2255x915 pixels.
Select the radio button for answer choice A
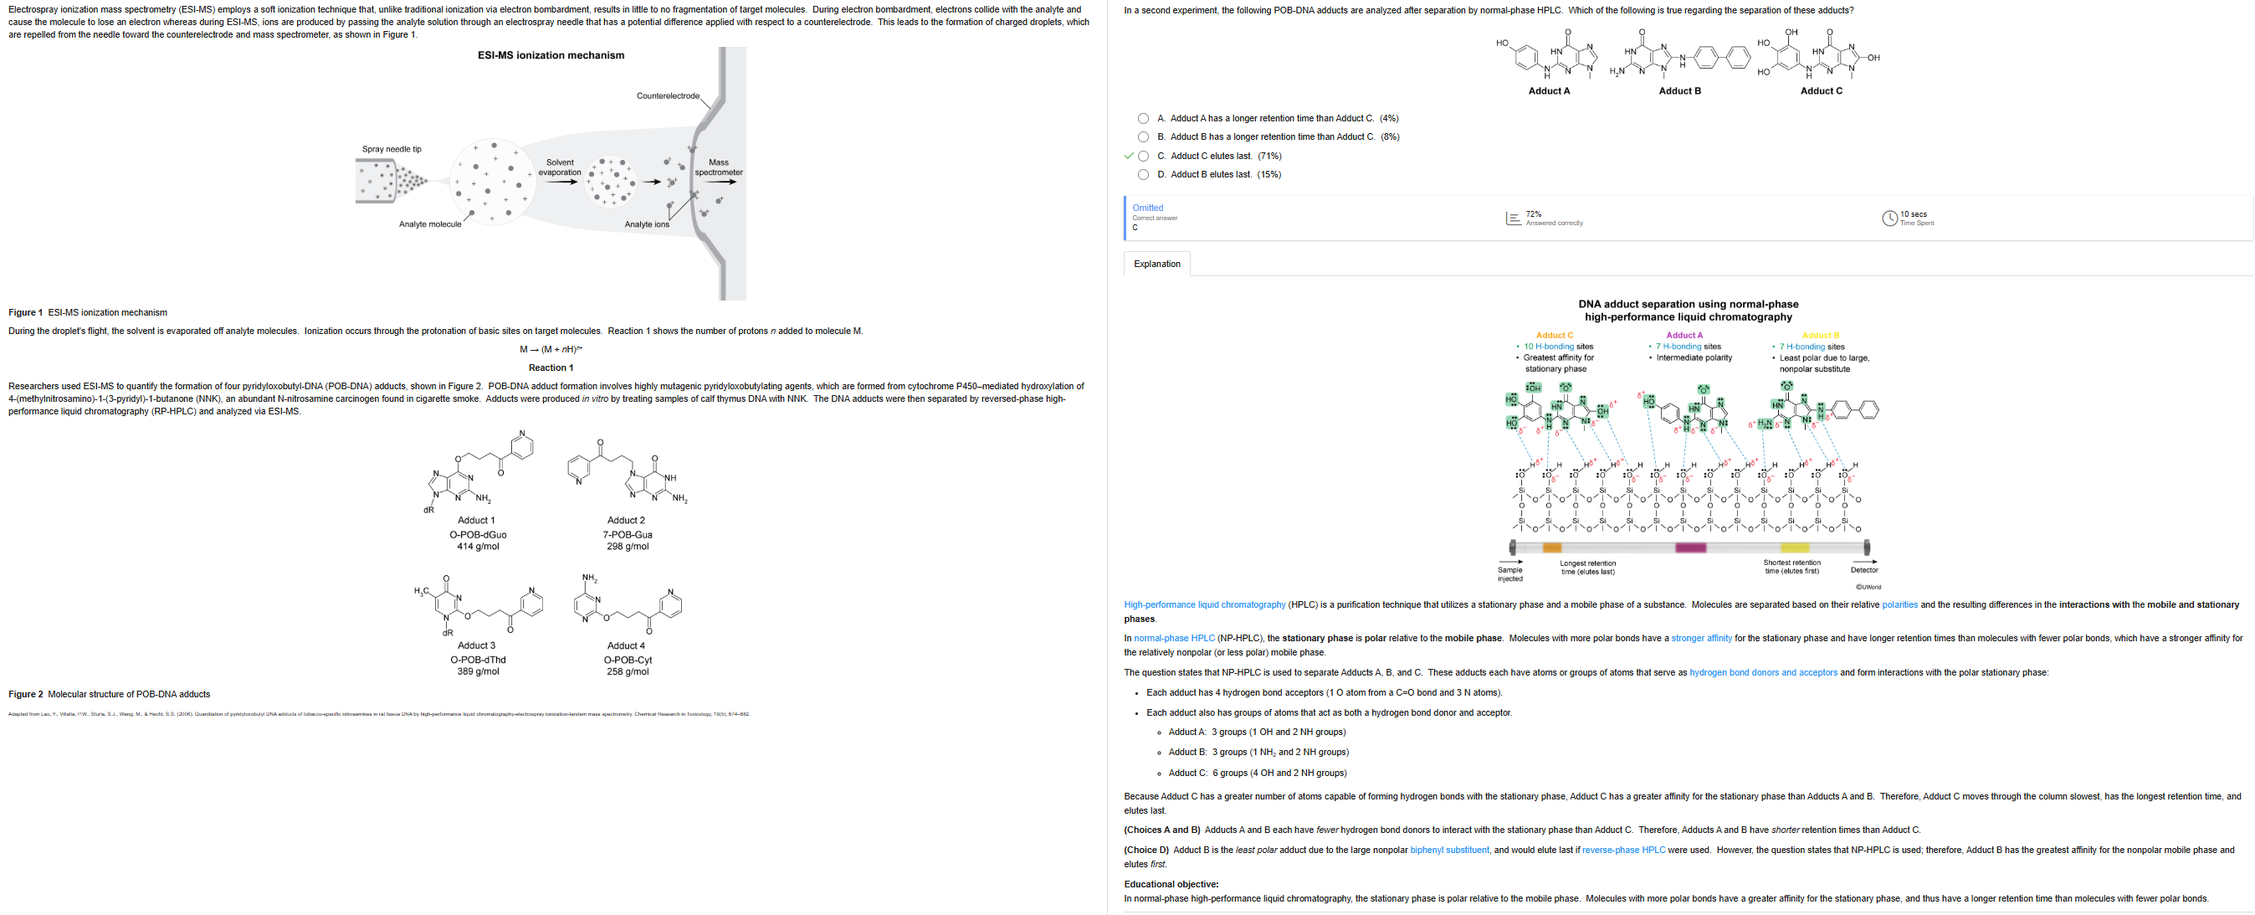(x=1143, y=118)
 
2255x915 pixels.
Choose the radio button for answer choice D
(x=1143, y=174)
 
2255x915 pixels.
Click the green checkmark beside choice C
(x=1130, y=156)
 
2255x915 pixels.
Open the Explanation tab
(x=1156, y=264)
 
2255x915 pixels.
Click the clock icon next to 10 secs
(x=1889, y=218)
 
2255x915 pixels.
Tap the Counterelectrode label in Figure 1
(x=668, y=95)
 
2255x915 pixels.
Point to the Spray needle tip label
(x=392, y=149)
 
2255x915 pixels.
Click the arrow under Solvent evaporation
(x=561, y=182)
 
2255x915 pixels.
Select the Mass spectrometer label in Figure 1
(x=719, y=167)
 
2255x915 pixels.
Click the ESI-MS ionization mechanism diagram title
(x=551, y=55)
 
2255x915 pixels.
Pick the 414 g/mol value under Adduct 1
(x=478, y=547)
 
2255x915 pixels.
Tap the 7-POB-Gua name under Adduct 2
(x=627, y=534)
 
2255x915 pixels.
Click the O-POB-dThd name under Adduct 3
(x=478, y=660)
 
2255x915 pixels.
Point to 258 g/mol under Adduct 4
(x=627, y=671)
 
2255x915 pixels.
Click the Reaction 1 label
(x=551, y=368)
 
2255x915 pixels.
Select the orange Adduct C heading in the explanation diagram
(x=1554, y=336)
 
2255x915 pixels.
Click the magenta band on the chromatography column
(x=1690, y=547)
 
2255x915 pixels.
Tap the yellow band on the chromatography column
(x=1795, y=547)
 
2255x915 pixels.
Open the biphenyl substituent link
(x=1448, y=850)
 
